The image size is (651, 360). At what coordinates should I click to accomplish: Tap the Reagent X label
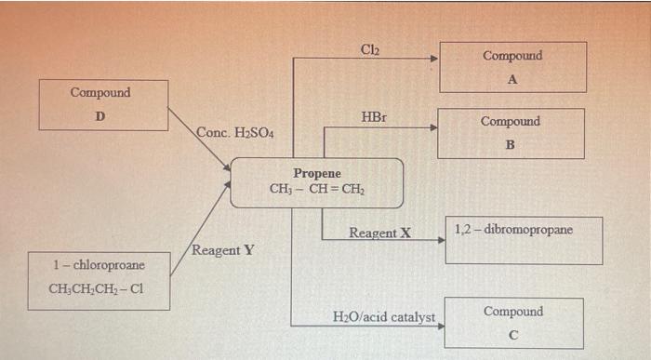(x=379, y=232)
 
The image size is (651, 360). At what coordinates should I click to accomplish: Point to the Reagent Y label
(x=222, y=251)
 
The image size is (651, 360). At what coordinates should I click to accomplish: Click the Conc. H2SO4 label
(x=234, y=133)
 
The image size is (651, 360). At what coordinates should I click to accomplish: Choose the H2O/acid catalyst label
(x=383, y=317)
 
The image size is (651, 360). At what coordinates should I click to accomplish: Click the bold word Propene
(x=317, y=174)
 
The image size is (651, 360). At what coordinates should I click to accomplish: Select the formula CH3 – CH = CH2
(x=316, y=189)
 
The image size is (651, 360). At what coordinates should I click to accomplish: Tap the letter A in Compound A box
(x=511, y=79)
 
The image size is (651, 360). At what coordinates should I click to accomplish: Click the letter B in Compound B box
(x=510, y=146)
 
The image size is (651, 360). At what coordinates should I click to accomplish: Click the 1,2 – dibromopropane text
(x=513, y=229)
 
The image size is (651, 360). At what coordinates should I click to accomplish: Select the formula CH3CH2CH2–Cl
(x=97, y=287)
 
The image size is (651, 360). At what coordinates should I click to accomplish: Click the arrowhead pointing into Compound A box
(x=433, y=59)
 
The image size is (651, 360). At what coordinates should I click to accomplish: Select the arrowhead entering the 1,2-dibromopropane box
(x=441, y=240)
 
